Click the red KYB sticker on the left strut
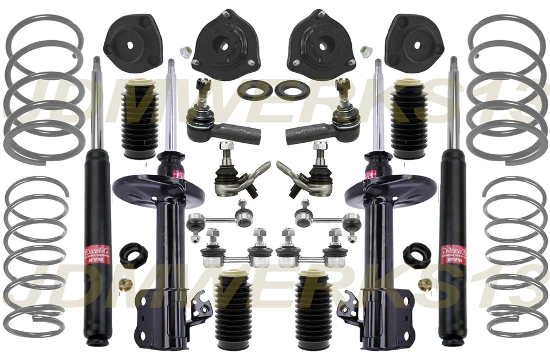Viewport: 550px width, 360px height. click(x=180, y=174)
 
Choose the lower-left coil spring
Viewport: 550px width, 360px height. click(x=36, y=258)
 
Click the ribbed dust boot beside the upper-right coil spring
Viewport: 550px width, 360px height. click(x=408, y=120)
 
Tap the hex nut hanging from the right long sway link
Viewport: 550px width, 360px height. click(x=352, y=235)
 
